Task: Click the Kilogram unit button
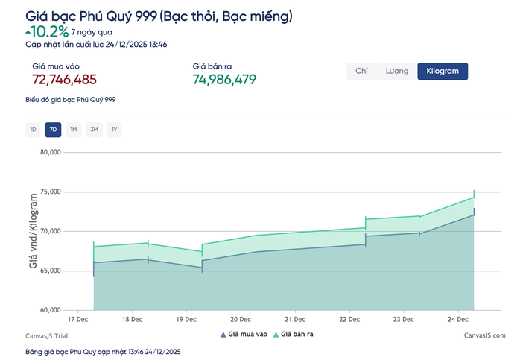pyautogui.click(x=443, y=71)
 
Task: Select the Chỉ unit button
pyautogui.click(x=362, y=71)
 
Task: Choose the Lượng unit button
pyautogui.click(x=396, y=71)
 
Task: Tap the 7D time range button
pyautogui.click(x=53, y=130)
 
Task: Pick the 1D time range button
pyautogui.click(x=32, y=130)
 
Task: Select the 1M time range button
pyautogui.click(x=74, y=130)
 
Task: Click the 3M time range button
pyautogui.click(x=94, y=130)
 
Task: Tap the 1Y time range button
pyautogui.click(x=114, y=130)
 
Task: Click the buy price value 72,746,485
pyautogui.click(x=64, y=79)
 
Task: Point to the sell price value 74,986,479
pyautogui.click(x=224, y=79)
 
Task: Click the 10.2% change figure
pyautogui.click(x=50, y=31)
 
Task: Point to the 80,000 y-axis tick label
pyautogui.click(x=49, y=152)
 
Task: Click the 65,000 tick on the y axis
pyautogui.click(x=49, y=271)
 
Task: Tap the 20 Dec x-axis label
pyautogui.click(x=240, y=319)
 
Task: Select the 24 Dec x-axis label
pyautogui.click(x=457, y=319)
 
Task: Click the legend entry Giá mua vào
pyautogui.click(x=244, y=335)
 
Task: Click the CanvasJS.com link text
pyautogui.click(x=484, y=335)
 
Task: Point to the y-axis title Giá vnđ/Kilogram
pyautogui.click(x=33, y=230)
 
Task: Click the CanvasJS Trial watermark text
pyautogui.click(x=46, y=335)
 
